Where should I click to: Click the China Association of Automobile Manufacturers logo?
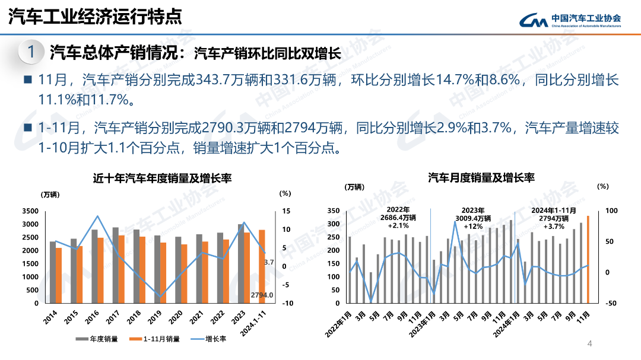tap(570, 20)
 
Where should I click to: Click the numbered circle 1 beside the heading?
tap(31, 52)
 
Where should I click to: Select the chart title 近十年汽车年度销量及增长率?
tap(162, 178)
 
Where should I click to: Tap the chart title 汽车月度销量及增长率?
tap(481, 177)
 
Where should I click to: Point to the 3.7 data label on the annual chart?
tap(268, 262)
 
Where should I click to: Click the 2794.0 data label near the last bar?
tap(261, 295)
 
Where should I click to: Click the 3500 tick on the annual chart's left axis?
tap(30, 211)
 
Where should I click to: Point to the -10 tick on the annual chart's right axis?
tap(287, 303)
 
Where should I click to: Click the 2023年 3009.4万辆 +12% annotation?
tap(473, 218)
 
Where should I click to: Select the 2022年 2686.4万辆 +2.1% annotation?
tap(398, 218)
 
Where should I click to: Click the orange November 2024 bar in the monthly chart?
tap(588, 259)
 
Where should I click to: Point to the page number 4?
tap(589, 343)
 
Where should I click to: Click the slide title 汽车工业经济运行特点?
tap(95, 17)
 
